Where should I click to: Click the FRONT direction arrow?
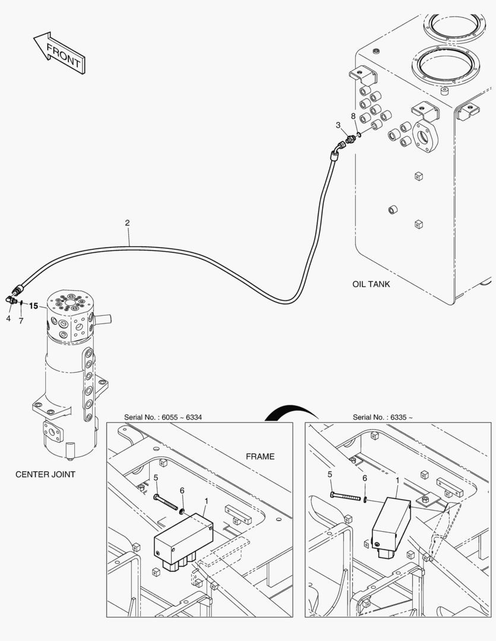pos(59,53)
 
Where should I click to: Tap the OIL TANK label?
pos(371,284)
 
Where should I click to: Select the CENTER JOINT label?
pos(45,474)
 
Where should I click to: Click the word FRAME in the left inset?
pos(260,456)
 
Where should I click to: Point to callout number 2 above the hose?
pos(127,223)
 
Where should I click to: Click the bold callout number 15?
pos(33,306)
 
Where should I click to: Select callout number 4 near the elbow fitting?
pos(8,318)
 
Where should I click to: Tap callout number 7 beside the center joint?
pos(21,320)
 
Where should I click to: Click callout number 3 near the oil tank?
pos(338,125)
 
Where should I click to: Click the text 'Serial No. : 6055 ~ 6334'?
pos(163,417)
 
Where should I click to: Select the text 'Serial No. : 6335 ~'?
pos(383,417)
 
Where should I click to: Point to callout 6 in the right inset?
pos(365,478)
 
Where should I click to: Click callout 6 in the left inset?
pos(182,490)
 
